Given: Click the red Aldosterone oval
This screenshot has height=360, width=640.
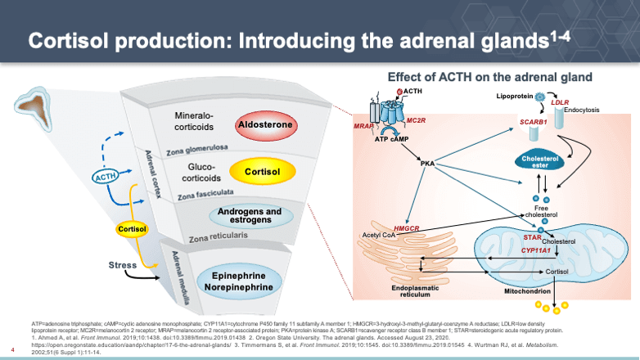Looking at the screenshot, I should [265, 127].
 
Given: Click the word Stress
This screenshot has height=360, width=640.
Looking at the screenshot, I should [123, 265].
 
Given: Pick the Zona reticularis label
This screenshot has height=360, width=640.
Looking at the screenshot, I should [218, 238].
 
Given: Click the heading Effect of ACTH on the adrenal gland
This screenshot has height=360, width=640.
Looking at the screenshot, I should [489, 77].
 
